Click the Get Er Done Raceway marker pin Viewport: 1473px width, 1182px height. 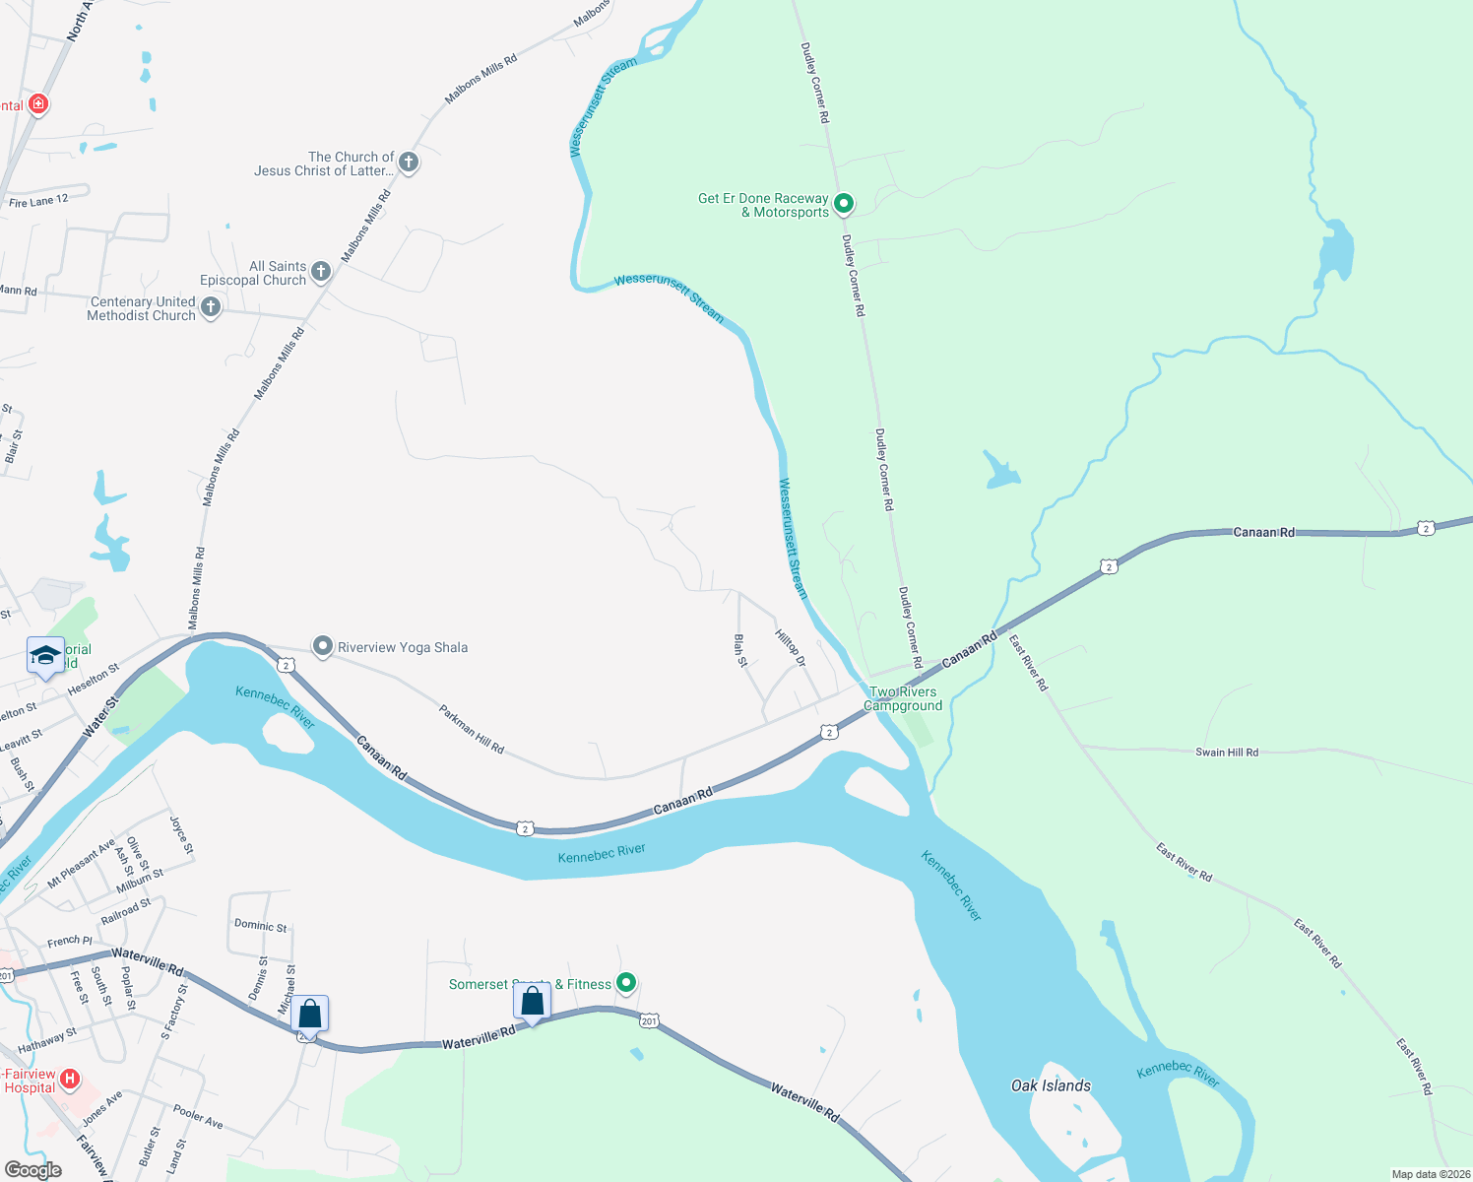844,204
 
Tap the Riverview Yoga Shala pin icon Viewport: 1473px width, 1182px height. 323,646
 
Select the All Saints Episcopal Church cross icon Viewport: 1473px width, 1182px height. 321,271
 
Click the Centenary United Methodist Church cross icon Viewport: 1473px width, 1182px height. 211,307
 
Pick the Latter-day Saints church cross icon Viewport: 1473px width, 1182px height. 409,162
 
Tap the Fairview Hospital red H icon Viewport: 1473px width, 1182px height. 70,1079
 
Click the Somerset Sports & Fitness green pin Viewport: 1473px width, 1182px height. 626,982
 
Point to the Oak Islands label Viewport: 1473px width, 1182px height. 1051,1085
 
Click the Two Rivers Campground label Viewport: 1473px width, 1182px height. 903,698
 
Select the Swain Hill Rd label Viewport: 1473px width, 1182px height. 1226,752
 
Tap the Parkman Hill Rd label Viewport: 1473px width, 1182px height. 472,730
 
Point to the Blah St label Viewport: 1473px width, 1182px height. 740,650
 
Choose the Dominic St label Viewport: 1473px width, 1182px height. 261,925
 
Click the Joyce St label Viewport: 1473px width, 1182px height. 182,835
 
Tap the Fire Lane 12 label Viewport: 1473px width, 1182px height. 38,201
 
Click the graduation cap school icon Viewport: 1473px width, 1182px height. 45,656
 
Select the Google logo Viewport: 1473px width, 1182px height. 33,1169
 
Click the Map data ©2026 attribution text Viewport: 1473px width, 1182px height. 1430,1174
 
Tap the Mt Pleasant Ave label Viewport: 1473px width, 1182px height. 82,864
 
